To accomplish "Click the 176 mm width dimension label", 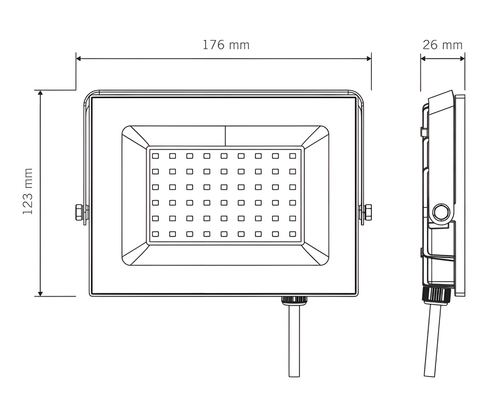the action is (x=226, y=45).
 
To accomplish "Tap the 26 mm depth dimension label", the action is (x=442, y=45).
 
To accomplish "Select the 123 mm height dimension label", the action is (x=28, y=191).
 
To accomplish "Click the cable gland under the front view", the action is (x=294, y=300).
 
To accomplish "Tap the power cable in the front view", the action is (x=294, y=340).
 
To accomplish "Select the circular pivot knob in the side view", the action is (x=441, y=212).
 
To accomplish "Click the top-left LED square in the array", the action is (x=155, y=156).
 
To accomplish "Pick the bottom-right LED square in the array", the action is (x=292, y=234).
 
